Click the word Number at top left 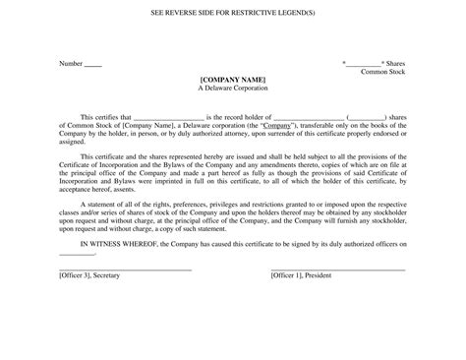(70, 64)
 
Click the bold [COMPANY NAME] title (232, 79)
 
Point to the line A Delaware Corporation (232, 88)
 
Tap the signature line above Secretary (125, 269)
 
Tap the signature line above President (337, 269)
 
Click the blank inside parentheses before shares (368, 116)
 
